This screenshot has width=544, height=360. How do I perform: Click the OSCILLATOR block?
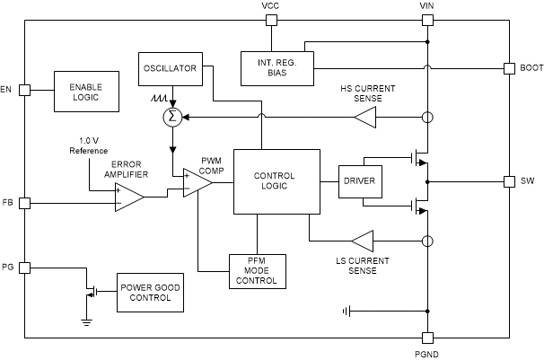tap(169, 67)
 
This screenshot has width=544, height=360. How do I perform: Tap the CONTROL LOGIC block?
tap(275, 181)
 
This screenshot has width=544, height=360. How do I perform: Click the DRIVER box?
tap(359, 182)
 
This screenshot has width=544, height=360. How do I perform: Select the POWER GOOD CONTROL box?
tap(150, 293)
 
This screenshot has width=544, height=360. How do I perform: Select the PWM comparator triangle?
tap(196, 182)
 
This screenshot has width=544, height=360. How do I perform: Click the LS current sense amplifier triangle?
tap(363, 241)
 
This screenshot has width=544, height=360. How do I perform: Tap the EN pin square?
tap(26, 90)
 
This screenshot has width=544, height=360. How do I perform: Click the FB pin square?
tap(26, 203)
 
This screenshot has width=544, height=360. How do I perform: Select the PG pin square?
tap(26, 268)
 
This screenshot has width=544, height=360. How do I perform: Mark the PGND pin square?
tap(427, 338)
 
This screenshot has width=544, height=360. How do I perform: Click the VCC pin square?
tap(270, 18)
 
